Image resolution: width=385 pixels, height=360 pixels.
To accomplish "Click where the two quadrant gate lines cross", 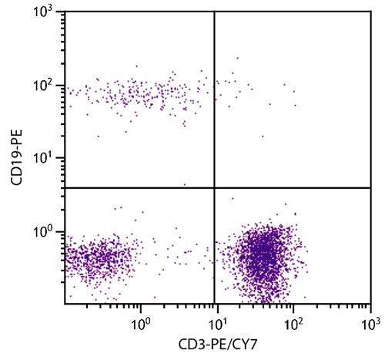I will [x=213, y=187].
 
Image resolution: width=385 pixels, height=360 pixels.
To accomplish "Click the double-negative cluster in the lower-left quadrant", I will [x=96, y=258].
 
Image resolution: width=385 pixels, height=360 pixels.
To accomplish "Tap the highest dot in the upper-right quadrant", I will [x=237, y=58].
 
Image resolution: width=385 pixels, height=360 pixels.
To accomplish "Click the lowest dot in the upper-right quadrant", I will [x=263, y=136].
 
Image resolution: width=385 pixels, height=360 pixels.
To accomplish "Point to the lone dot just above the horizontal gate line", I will [x=184, y=184].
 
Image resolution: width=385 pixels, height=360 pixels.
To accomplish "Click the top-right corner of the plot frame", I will [x=370, y=12].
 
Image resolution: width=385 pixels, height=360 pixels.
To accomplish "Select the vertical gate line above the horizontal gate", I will [x=213, y=100].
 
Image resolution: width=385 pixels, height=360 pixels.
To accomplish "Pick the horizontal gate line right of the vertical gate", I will [x=293, y=187].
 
